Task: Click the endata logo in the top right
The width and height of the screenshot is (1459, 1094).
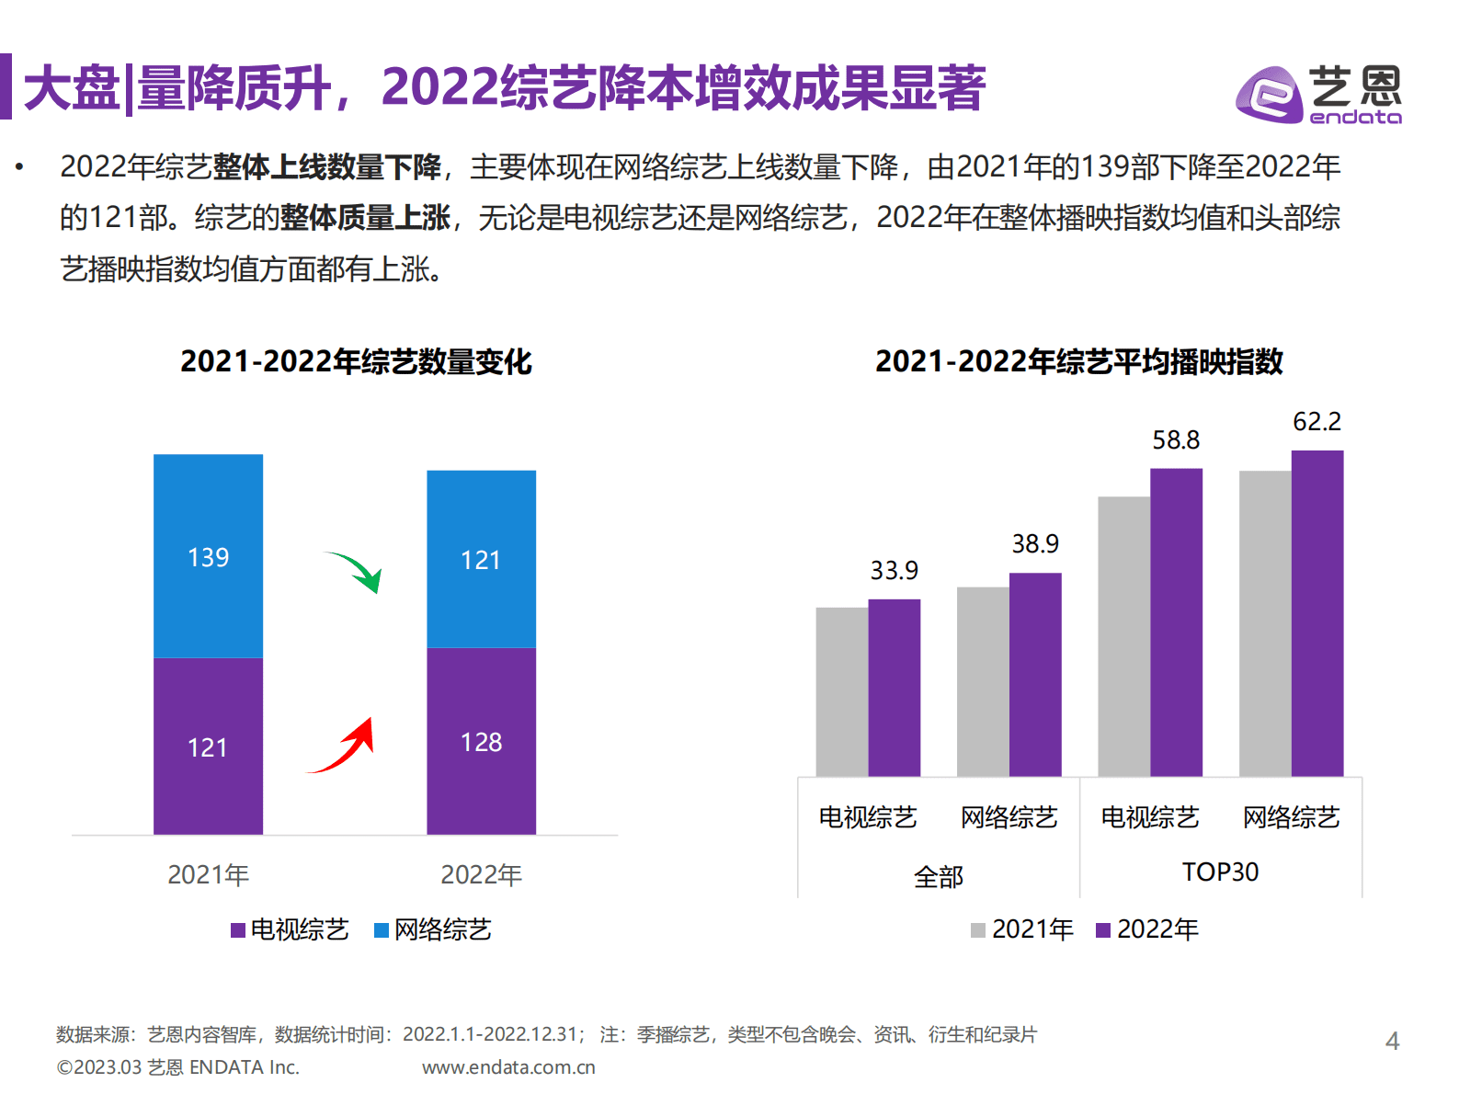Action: pos(1318,94)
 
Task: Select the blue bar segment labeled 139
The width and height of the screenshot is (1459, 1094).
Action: pos(208,556)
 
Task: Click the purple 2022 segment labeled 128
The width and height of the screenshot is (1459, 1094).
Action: pos(481,741)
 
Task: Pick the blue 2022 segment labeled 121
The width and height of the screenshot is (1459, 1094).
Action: pos(481,559)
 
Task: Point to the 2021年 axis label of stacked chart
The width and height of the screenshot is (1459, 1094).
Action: pos(208,874)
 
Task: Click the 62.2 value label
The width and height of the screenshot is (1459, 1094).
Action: pos(1317,422)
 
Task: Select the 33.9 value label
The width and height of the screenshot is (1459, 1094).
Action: pos(894,571)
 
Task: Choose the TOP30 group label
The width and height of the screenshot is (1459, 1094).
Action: pos(1220,872)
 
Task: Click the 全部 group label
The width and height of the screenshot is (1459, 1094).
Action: pos(938,876)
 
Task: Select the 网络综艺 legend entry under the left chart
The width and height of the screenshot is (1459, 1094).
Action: pos(433,929)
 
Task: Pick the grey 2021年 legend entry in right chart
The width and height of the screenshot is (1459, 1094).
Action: pos(1022,929)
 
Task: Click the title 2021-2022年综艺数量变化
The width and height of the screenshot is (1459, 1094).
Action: pos(356,361)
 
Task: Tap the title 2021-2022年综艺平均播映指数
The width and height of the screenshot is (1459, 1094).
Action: pos(1078,361)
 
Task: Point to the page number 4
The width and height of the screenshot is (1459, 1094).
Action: pos(1392,1041)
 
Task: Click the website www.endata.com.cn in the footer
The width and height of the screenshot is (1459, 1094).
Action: pos(508,1067)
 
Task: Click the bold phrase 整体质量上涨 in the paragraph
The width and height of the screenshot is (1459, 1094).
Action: pos(365,218)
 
